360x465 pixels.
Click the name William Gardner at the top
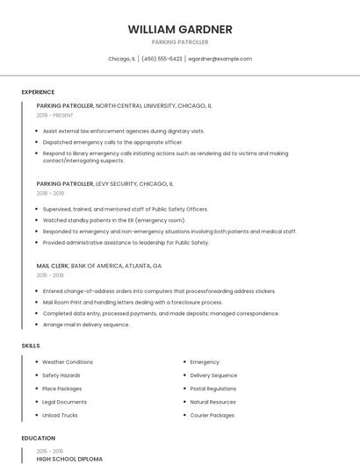pos(180,29)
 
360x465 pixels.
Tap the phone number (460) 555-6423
pos(162,59)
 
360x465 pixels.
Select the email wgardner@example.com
pos(220,59)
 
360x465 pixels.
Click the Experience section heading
pos(38,92)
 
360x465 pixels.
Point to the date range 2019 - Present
pos(54,115)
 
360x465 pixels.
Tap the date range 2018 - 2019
pos(50,193)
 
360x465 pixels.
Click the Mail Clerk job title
pos(53,265)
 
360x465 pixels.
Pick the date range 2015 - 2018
pos(50,275)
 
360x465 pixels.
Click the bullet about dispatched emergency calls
pos(112,142)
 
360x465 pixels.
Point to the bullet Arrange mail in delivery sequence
pos(86,325)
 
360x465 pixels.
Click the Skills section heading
pos(31,346)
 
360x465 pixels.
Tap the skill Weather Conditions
pos(68,361)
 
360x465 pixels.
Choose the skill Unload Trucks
pos(60,415)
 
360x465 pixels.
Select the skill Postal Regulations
pos(213,389)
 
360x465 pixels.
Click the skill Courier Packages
pos(212,415)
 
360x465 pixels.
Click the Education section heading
pos(39,438)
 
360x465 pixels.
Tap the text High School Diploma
pos(69,459)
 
